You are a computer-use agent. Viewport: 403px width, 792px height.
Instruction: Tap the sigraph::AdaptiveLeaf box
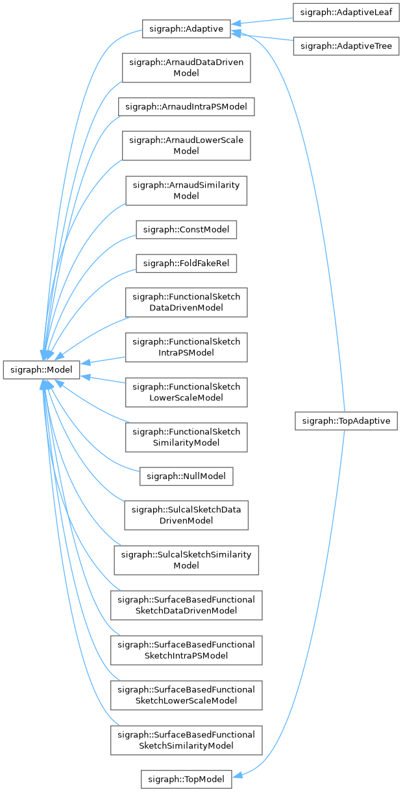345,12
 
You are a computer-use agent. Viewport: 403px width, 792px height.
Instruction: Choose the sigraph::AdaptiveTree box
345,46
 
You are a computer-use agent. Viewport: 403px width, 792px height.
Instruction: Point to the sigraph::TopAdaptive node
345,421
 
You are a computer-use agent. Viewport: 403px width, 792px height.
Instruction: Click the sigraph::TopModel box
186,779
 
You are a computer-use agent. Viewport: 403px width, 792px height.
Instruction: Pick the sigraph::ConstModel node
186,229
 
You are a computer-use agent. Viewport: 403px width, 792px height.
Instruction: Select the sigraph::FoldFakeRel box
186,263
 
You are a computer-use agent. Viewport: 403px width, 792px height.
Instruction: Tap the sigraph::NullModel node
186,476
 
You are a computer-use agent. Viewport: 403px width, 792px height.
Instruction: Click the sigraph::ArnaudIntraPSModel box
186,106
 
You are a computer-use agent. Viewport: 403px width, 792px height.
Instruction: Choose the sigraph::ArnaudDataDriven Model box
186,67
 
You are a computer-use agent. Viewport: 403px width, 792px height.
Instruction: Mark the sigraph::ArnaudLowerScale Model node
186,145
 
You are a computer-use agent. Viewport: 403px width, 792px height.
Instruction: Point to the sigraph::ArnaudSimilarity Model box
186,190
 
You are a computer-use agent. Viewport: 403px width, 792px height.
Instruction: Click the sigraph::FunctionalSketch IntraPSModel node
186,347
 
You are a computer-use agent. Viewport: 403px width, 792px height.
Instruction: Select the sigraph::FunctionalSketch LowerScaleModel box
186,392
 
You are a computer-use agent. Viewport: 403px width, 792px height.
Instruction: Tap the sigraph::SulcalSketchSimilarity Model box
186,560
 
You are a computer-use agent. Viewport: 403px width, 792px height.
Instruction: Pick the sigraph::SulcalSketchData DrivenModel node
186,515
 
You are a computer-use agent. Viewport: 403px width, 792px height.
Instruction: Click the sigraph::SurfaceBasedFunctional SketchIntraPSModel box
186,650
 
